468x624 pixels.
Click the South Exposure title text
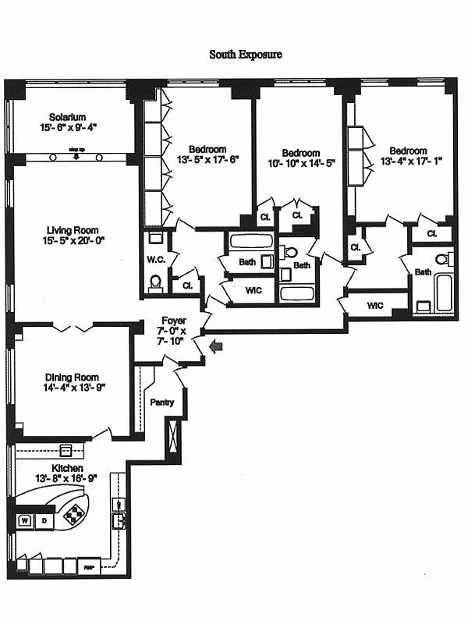click(x=245, y=55)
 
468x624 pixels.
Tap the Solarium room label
click(x=68, y=117)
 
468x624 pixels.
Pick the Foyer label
click(x=173, y=321)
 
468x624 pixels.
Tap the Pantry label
click(x=162, y=402)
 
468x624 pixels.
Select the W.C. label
click(x=154, y=260)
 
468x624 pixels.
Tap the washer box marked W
click(x=24, y=519)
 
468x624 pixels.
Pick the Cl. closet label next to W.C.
click(x=187, y=285)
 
